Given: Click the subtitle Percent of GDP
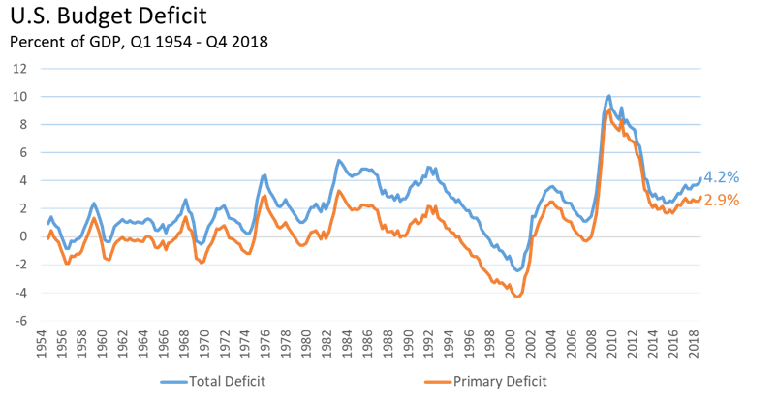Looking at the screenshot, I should tap(139, 42).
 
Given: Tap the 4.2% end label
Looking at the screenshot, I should tap(721, 177).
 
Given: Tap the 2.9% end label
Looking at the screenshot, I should tap(721, 200).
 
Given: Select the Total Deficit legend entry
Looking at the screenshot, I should tap(227, 381).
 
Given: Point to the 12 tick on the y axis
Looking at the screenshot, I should tap(18, 69).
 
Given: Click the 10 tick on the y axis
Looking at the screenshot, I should tap(18, 97).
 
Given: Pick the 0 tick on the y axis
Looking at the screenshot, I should tap(21, 236).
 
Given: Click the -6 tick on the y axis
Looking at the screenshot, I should tap(19, 321).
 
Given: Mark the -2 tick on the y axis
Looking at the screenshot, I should tap(19, 265).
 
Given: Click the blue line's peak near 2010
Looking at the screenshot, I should tap(608, 96).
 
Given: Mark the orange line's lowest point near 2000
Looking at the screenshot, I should tap(518, 297).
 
